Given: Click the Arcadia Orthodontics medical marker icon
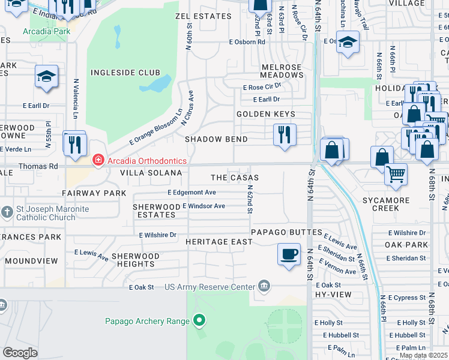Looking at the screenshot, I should pyautogui.click(x=97, y=160).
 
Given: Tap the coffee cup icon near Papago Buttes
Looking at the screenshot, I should pyautogui.click(x=289, y=253).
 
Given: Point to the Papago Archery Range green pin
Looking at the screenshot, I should pyautogui.click(x=199, y=321).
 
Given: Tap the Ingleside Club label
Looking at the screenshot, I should pyautogui.click(x=117, y=73).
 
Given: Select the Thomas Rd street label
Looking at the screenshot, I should pyautogui.click(x=38, y=166).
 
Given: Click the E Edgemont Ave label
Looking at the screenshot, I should pyautogui.click(x=191, y=193).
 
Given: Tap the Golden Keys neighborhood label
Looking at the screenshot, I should pyautogui.click(x=266, y=114).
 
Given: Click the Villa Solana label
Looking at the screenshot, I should pyautogui.click(x=151, y=173).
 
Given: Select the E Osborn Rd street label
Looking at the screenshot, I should pyautogui.click(x=247, y=42).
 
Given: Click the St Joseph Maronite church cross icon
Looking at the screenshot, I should pyautogui.click(x=7, y=212).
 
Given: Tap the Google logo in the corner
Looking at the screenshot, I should pyautogui.click(x=20, y=352).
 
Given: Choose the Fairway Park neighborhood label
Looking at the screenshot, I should pyautogui.click(x=94, y=193).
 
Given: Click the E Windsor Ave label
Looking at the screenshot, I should pyautogui.click(x=203, y=206).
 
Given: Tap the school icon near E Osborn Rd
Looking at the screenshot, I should pyautogui.click(x=347, y=43).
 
